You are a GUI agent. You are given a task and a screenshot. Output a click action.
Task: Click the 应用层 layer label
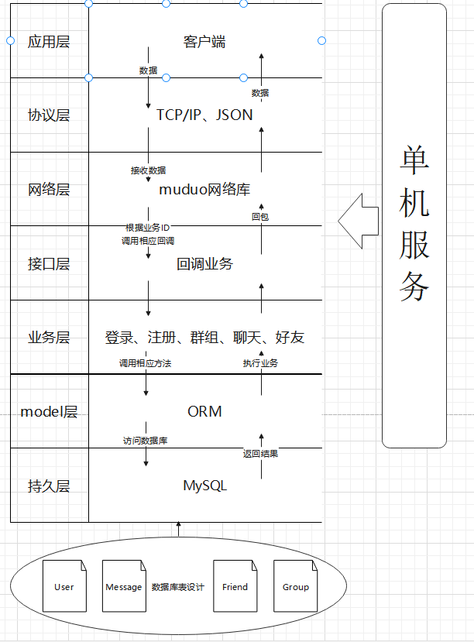pos(49,42)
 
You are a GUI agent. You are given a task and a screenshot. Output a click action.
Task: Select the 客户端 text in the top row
pos(204,42)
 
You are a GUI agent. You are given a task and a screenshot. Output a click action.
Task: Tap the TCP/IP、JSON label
pos(204,115)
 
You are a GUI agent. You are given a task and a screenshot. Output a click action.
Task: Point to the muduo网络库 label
pos(204,189)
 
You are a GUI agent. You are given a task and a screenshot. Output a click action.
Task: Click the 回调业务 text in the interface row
pos(204,263)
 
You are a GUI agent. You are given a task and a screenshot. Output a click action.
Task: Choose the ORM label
pos(204,411)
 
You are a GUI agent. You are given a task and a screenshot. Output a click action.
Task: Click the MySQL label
pos(204,486)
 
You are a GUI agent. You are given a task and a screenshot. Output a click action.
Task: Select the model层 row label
pos(49,412)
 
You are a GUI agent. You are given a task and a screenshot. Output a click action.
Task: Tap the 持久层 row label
pos(49,486)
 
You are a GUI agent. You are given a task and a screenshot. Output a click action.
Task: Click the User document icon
pos(64,586)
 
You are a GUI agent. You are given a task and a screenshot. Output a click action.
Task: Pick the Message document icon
pos(124,586)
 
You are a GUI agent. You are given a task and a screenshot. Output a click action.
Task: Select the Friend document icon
pos(235,586)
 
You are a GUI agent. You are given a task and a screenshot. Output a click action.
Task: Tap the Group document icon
pos(295,586)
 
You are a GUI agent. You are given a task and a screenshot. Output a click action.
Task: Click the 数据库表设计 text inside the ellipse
pos(177,587)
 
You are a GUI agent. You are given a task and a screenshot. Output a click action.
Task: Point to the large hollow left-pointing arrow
pos(358,221)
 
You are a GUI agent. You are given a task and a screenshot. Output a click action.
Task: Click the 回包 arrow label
pos(260,217)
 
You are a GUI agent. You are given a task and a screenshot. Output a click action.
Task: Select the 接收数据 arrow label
pos(148,170)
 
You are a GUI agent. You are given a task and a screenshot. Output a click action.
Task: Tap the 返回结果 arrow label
pos(260,454)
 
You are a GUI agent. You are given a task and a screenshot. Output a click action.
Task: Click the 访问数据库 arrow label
pos(146,441)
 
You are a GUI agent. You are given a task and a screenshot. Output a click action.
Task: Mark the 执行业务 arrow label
pos(260,363)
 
